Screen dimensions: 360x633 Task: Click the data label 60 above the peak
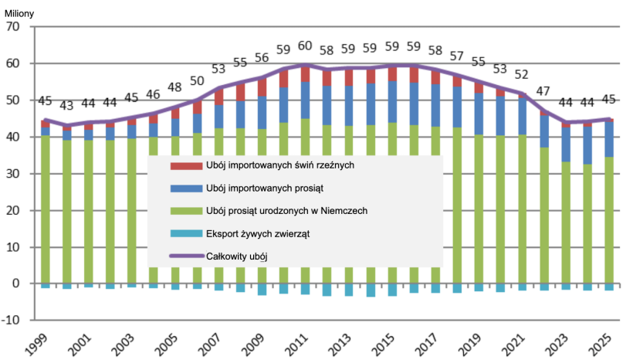point(305,46)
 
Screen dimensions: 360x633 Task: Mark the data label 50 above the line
point(197,81)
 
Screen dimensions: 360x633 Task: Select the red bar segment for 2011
point(305,73)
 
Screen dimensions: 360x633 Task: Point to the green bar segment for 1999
point(46,209)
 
